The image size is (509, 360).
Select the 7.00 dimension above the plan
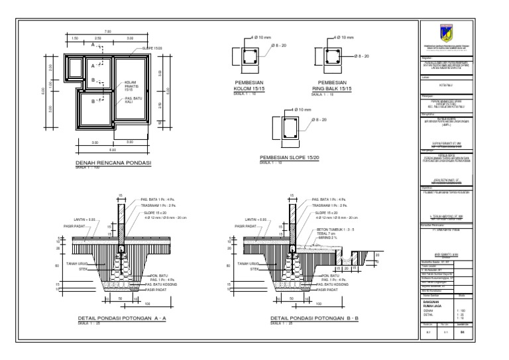pyautogui.click(x=107, y=33)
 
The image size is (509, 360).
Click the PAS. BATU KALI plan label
pyautogui.click(x=133, y=101)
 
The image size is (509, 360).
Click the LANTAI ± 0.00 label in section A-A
pyautogui.click(x=85, y=219)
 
